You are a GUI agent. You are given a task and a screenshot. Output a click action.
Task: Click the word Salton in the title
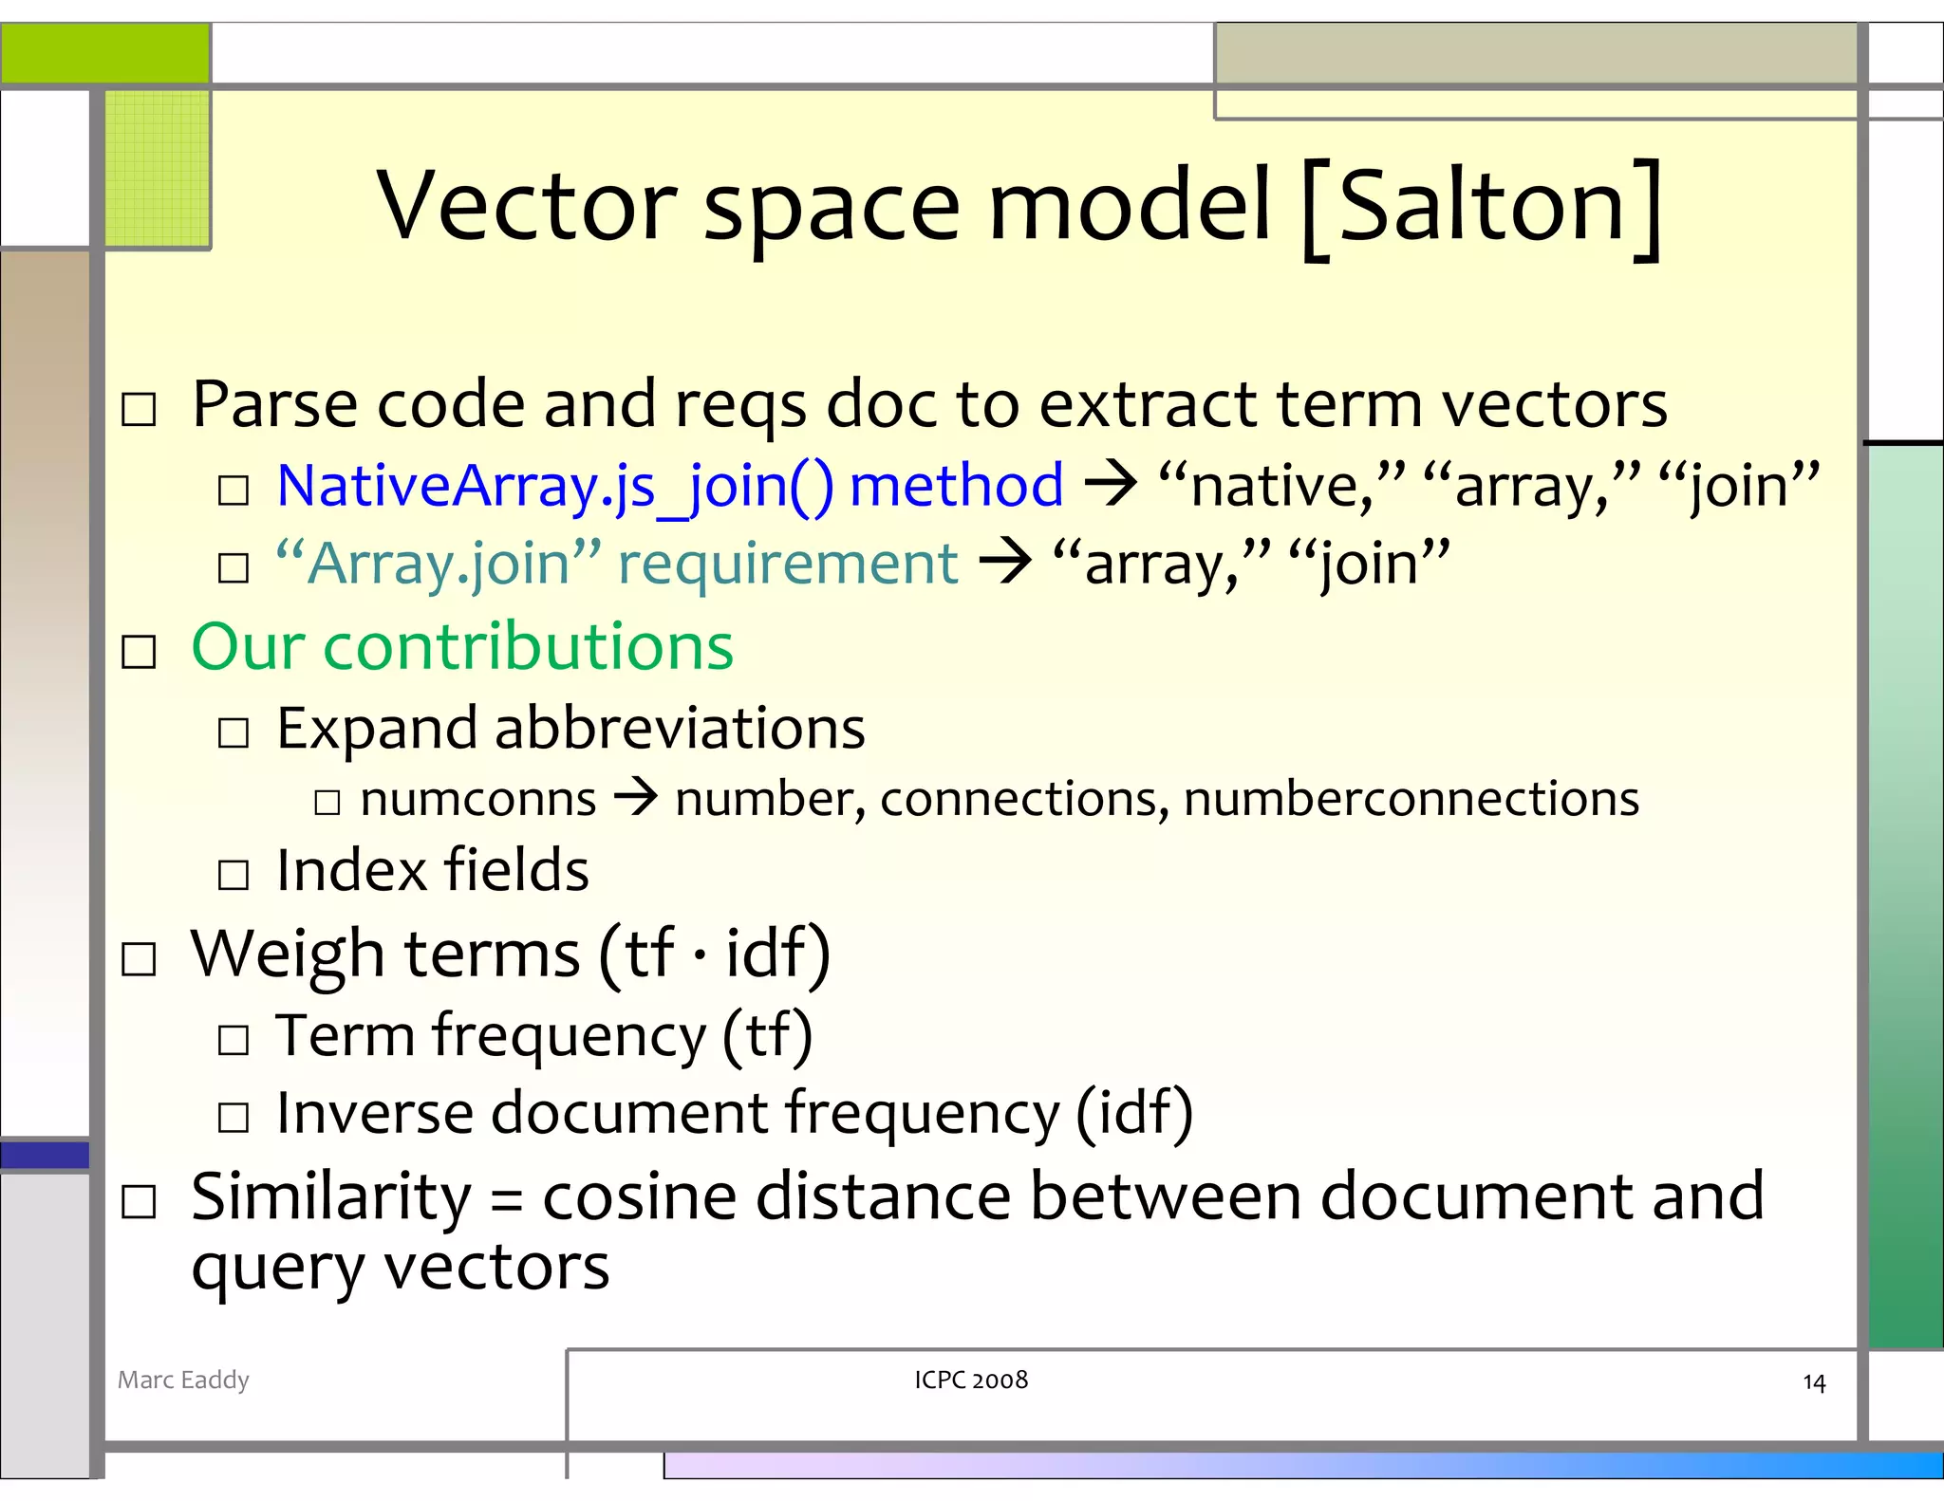point(1482,206)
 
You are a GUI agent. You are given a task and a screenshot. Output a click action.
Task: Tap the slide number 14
point(1813,1382)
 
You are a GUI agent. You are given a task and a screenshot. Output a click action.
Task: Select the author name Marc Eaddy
point(183,1380)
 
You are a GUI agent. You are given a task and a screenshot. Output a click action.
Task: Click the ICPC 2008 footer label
point(971,1380)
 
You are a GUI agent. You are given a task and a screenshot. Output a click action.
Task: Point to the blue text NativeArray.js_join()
point(555,487)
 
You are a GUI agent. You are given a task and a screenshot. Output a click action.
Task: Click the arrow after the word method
point(1111,485)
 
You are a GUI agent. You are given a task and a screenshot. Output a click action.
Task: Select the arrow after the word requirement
point(1005,563)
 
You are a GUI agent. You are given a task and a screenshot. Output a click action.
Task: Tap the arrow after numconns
point(635,798)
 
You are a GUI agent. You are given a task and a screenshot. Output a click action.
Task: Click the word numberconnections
point(1411,799)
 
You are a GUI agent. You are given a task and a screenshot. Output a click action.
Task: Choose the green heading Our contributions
point(462,647)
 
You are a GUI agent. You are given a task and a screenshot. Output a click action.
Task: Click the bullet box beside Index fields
point(234,874)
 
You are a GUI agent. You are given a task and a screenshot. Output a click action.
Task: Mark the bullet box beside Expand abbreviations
point(234,732)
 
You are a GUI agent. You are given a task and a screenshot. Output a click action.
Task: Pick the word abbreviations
point(680,729)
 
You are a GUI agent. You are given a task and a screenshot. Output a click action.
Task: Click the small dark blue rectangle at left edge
point(45,1155)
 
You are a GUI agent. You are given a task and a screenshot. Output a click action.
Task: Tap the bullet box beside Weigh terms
point(140,959)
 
